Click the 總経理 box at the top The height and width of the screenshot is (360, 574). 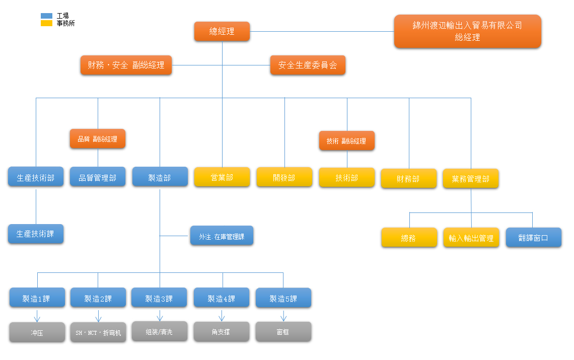click(x=222, y=31)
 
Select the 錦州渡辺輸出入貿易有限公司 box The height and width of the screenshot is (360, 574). click(x=467, y=31)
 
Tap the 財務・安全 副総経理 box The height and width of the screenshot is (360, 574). click(x=126, y=65)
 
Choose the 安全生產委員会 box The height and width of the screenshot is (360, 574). click(x=308, y=65)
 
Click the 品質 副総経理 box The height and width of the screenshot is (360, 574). click(x=97, y=138)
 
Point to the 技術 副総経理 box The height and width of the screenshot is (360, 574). click(x=346, y=141)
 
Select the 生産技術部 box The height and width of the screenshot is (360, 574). click(x=36, y=177)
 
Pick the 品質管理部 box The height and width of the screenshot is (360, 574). click(x=98, y=177)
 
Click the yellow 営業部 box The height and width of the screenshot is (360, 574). click(x=222, y=177)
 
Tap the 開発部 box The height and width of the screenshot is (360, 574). click(x=284, y=177)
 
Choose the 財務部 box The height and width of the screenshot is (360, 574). click(x=408, y=179)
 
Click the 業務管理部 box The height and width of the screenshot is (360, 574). click(x=471, y=178)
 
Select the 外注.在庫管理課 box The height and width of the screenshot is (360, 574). click(x=222, y=236)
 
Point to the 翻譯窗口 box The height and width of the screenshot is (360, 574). click(x=533, y=237)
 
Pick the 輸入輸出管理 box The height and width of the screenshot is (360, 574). click(x=471, y=238)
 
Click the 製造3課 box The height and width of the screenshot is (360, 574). click(x=159, y=298)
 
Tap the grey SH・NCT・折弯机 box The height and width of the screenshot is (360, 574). click(x=98, y=333)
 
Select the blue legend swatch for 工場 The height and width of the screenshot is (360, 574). click(x=46, y=16)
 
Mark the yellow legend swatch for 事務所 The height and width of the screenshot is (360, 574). click(x=46, y=23)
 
